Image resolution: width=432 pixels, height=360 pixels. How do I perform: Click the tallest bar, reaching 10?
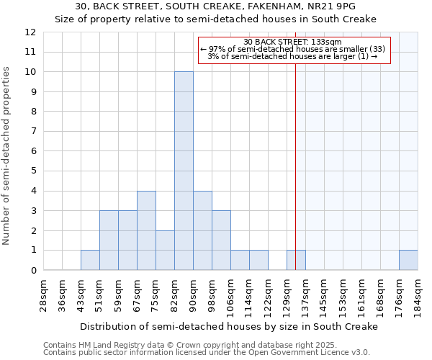click(184, 171)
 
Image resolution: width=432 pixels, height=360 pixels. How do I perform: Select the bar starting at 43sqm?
click(90, 260)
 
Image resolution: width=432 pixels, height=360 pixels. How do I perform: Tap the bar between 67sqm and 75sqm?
click(146, 230)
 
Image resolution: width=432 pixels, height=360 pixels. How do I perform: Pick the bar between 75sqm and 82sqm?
click(165, 250)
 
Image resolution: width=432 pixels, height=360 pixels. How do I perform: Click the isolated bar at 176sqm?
click(408, 260)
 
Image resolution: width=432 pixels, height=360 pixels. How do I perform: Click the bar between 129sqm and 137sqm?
click(296, 260)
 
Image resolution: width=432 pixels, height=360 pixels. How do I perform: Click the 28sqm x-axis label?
click(43, 295)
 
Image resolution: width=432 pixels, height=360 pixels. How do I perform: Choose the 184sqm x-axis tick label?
click(418, 295)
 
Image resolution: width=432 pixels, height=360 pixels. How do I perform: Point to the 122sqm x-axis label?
click(268, 295)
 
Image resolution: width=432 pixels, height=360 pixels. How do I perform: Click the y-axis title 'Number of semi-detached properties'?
click(7, 156)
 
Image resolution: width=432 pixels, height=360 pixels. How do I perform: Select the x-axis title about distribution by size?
click(229, 326)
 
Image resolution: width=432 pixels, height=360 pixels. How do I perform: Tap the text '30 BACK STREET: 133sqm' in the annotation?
click(293, 42)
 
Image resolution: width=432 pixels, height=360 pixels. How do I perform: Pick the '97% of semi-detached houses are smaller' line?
click(293, 49)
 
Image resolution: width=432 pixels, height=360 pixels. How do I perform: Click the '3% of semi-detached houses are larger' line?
click(293, 56)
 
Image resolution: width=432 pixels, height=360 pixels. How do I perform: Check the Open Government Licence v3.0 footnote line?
click(206, 353)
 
